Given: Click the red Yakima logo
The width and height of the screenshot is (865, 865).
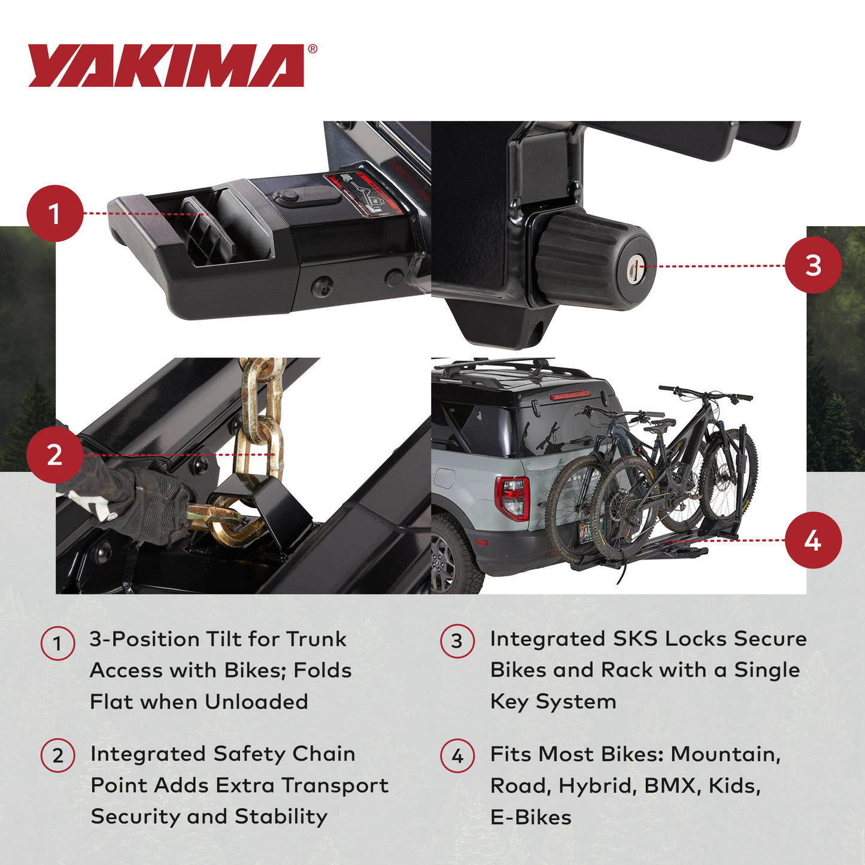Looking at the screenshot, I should click(166, 66).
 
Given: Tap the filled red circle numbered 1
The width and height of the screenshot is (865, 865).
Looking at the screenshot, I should click(54, 214).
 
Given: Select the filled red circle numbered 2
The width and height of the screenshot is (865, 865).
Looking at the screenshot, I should click(54, 455).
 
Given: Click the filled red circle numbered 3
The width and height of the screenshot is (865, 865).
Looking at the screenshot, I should click(812, 265).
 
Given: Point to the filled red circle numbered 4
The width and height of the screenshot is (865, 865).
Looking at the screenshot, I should click(812, 540).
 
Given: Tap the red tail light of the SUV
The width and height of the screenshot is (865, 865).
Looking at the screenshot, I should click(513, 496).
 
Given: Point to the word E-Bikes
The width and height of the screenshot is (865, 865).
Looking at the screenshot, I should click(530, 817).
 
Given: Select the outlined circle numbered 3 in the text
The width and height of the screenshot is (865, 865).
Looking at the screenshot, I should click(457, 642).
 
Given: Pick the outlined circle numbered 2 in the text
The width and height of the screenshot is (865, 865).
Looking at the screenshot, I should click(57, 755).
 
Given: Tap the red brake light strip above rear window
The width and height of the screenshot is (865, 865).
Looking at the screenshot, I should click(569, 396).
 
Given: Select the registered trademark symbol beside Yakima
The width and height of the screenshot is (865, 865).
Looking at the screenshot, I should click(312, 50).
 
